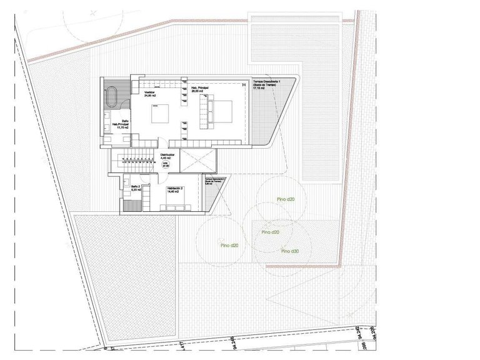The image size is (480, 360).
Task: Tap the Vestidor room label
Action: [149, 92]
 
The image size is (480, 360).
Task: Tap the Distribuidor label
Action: [167, 154]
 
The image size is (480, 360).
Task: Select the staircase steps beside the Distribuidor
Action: [135, 162]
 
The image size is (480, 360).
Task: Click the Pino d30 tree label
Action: [291, 251]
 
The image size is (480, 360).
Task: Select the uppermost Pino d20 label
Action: [286, 199]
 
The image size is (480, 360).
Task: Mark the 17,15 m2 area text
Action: [259, 89]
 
